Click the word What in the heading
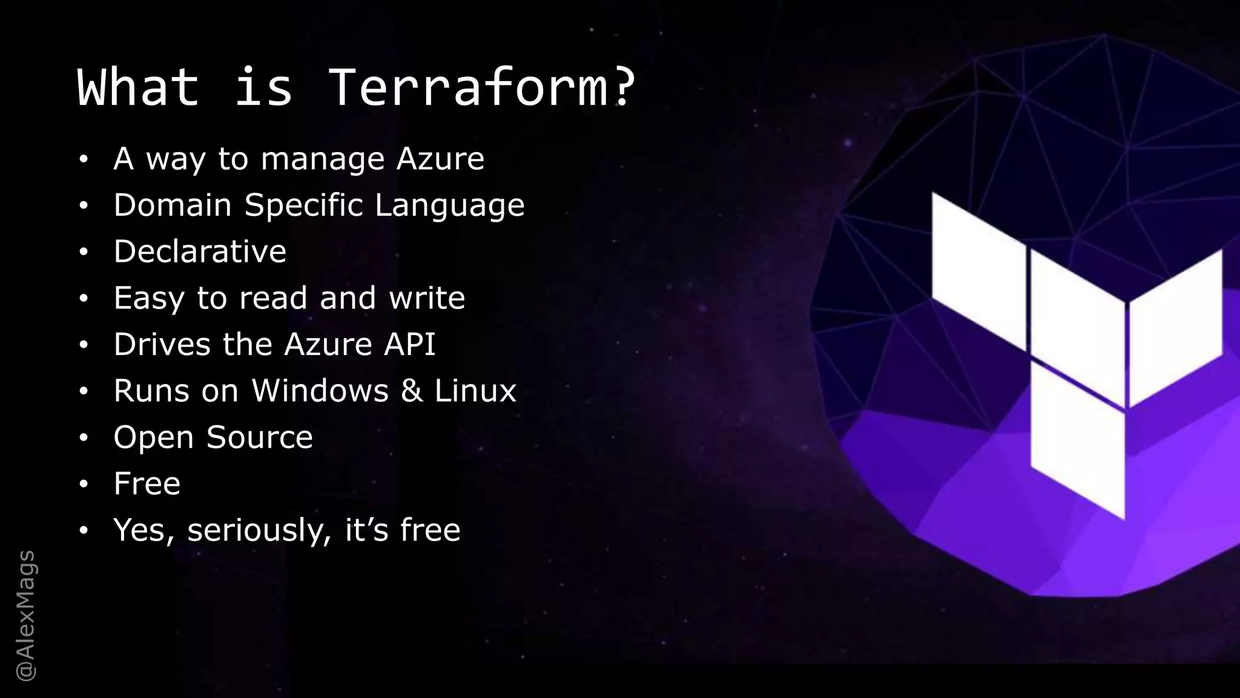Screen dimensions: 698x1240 click(x=138, y=87)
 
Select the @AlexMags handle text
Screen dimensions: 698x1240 click(x=26, y=616)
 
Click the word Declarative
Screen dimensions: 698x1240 click(x=200, y=251)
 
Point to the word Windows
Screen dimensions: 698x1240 click(x=320, y=391)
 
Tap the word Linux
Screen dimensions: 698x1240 click(x=475, y=391)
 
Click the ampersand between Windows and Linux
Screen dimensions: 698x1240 click(x=412, y=391)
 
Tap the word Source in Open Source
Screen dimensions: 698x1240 click(x=260, y=437)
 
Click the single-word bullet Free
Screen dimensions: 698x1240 click(x=147, y=484)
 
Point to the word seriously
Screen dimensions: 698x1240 click(x=259, y=531)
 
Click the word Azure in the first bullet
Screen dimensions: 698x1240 click(x=440, y=159)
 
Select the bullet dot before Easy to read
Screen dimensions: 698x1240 click(x=84, y=298)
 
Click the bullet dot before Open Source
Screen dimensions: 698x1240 click(x=84, y=437)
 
